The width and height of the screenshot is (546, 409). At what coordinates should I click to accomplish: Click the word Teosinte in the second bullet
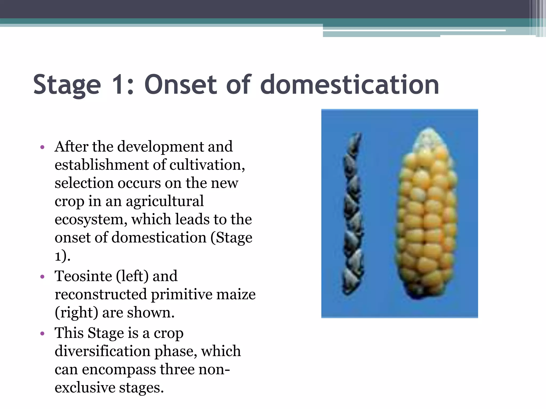click(83, 276)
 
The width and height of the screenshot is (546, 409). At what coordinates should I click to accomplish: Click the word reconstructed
click(101, 294)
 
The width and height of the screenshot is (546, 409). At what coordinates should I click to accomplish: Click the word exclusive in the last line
click(85, 387)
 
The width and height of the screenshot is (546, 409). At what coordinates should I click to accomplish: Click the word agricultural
click(164, 201)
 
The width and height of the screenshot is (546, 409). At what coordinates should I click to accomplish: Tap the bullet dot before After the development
click(42, 147)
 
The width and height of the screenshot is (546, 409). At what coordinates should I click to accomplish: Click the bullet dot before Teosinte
click(42, 277)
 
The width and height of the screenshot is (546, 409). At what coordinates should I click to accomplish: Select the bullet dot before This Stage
click(42, 334)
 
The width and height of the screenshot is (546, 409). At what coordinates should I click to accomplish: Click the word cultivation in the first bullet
click(207, 165)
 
